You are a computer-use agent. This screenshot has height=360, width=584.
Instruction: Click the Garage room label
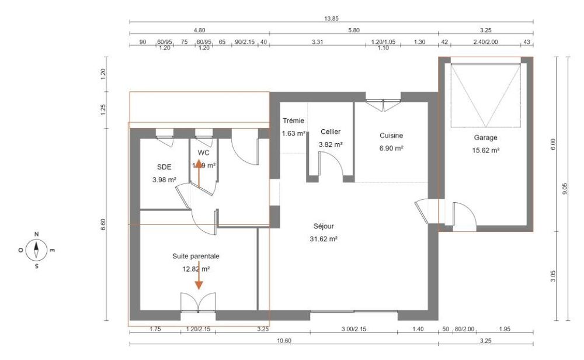pos(486,138)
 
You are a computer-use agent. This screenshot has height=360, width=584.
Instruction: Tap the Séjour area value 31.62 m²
pos(325,238)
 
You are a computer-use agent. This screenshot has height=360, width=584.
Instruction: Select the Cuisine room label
pos(391,135)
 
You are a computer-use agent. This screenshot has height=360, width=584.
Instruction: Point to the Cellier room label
pos(331,132)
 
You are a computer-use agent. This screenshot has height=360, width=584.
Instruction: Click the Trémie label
pos(294,120)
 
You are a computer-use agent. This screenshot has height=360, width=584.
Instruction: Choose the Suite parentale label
pos(196,256)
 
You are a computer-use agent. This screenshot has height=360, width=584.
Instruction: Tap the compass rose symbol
pos(37,250)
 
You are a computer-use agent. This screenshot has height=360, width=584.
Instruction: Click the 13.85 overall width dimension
pos(331,19)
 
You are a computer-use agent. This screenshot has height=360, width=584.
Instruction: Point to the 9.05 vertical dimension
pos(565,190)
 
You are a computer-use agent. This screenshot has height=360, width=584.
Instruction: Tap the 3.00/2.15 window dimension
pos(353,330)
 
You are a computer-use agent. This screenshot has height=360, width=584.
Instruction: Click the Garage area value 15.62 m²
pos(486,150)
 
